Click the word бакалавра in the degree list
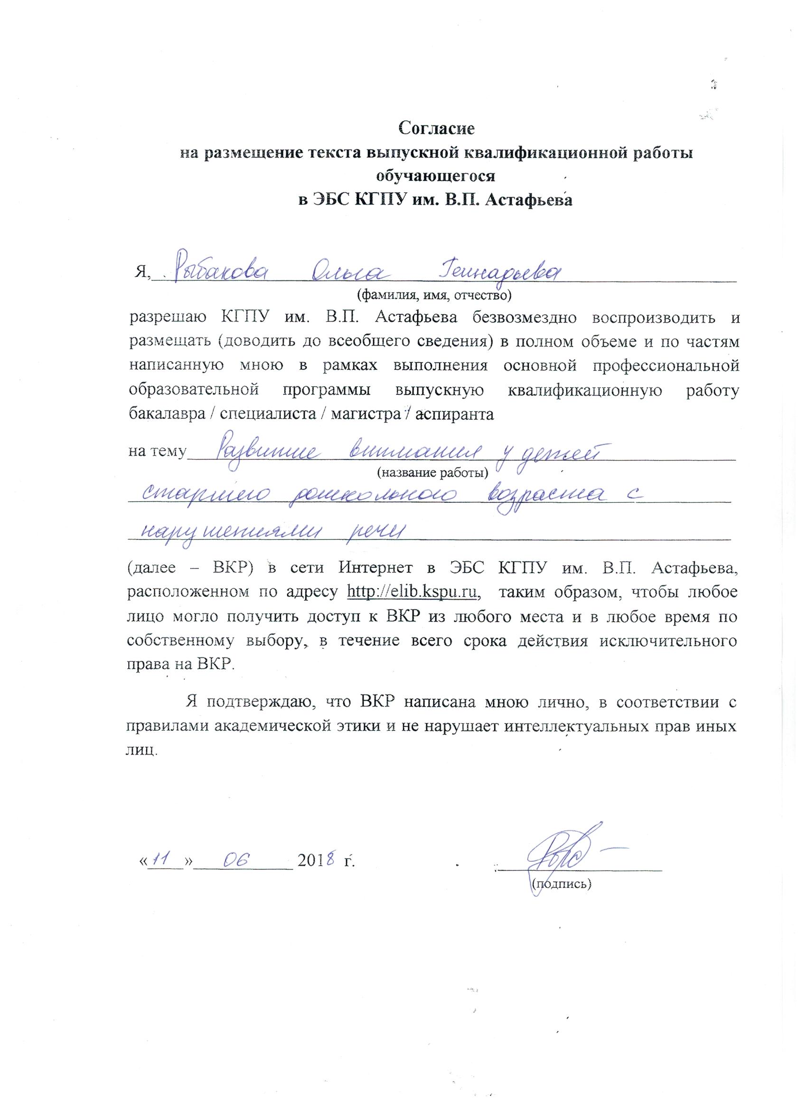(165, 414)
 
